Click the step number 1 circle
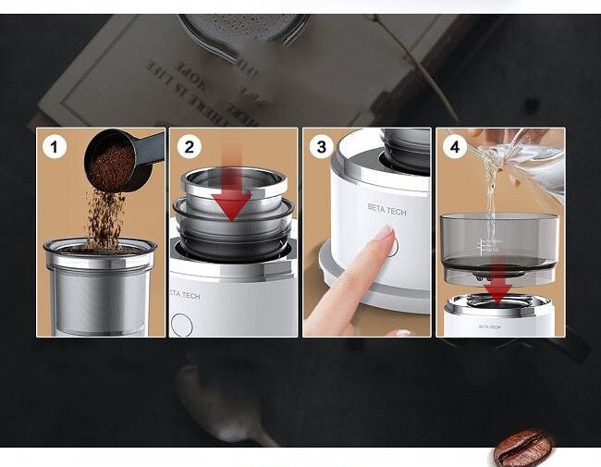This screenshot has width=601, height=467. point(54,146)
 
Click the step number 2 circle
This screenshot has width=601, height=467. point(189,146)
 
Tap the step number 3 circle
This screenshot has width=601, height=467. point(322,146)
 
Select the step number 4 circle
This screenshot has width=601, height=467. point(455,146)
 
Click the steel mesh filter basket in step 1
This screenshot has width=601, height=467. point(100,291)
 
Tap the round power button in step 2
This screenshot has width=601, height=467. point(182,325)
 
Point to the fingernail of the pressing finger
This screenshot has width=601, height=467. point(382,234)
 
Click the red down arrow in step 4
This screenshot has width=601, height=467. point(498,287)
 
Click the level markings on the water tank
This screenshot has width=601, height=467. point(484,246)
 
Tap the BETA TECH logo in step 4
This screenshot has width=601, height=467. point(490,326)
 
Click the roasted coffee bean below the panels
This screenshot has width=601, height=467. point(522,448)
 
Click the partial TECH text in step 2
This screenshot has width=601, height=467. point(186,296)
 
